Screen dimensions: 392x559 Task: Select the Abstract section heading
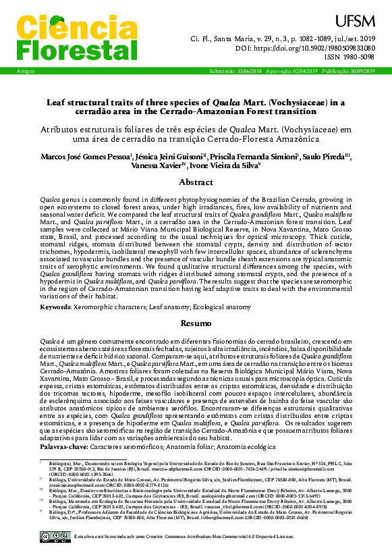[196, 182]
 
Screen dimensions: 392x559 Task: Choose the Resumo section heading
[196, 324]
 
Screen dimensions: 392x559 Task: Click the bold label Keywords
[56, 307]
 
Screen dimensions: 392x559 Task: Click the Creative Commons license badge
[53, 537]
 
